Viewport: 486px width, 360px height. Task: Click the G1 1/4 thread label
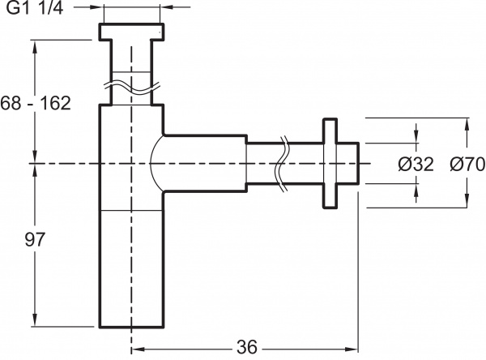35,9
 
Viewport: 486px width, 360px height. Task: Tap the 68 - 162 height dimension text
36,103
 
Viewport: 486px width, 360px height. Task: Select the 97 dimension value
34,239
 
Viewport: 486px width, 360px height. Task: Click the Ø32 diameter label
416,165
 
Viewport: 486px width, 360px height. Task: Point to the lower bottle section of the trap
130,268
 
